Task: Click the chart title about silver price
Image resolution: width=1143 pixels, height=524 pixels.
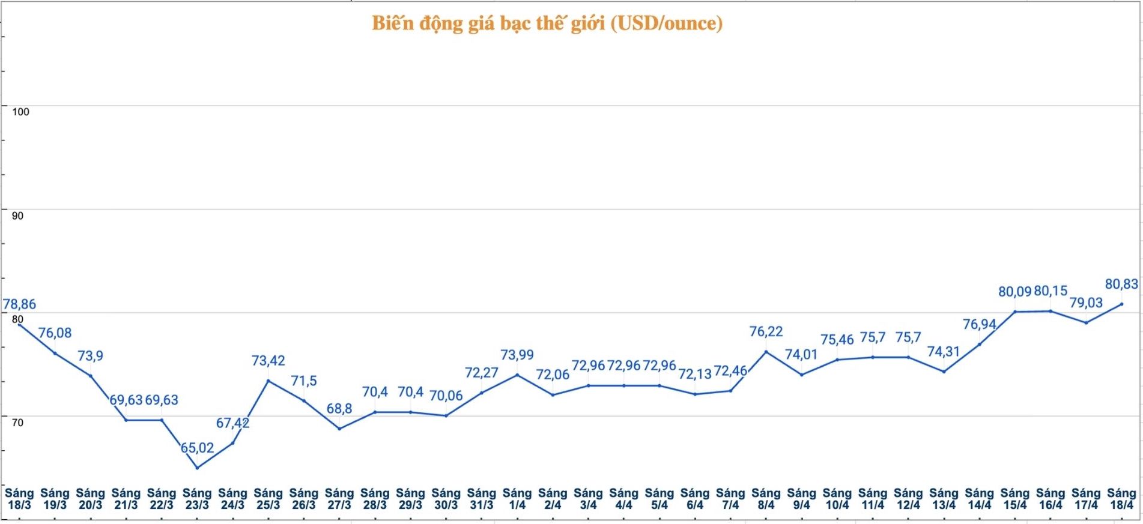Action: pyautogui.click(x=547, y=23)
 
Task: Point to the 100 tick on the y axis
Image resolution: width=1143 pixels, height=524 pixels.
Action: pyautogui.click(x=20, y=112)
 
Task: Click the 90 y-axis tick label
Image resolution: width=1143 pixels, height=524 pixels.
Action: pyautogui.click(x=18, y=216)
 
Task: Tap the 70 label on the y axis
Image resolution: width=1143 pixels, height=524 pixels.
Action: pyautogui.click(x=18, y=423)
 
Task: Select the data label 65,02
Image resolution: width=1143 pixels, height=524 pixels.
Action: pyautogui.click(x=198, y=448)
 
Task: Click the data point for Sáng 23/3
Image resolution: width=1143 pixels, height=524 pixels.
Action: pyautogui.click(x=197, y=468)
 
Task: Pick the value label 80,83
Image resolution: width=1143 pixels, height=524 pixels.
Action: pyautogui.click(x=1121, y=284)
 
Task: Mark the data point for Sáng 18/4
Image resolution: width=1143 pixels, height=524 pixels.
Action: pyautogui.click(x=1121, y=304)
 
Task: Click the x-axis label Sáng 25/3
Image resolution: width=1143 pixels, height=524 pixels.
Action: pyautogui.click(x=268, y=499)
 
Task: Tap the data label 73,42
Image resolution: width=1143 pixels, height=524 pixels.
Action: pyautogui.click(x=268, y=361)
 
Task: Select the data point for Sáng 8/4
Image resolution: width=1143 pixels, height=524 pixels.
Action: pyautogui.click(x=766, y=352)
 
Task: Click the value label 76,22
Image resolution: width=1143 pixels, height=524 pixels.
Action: pyautogui.click(x=766, y=331)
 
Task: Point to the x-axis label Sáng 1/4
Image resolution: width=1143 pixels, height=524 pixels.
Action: pyautogui.click(x=517, y=499)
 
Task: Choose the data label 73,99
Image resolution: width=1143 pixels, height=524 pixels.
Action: pyautogui.click(x=517, y=355)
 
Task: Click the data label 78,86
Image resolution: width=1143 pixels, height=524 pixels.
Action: pyautogui.click(x=20, y=304)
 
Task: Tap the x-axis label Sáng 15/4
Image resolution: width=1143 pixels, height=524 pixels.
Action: pyautogui.click(x=1015, y=499)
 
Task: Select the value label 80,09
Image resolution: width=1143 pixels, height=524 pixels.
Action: pyautogui.click(x=1014, y=292)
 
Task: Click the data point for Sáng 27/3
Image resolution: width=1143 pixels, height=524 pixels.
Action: pyautogui.click(x=339, y=429)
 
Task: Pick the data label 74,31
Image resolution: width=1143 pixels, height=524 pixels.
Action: pyautogui.click(x=944, y=351)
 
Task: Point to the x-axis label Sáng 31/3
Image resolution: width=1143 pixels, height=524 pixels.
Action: pyautogui.click(x=482, y=499)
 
